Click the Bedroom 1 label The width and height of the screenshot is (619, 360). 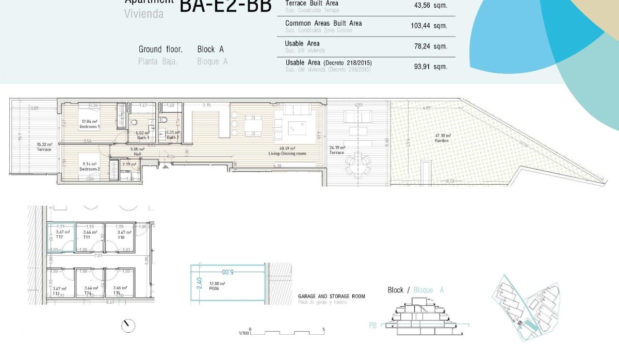tap(90, 126)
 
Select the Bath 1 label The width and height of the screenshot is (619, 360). tap(143, 138)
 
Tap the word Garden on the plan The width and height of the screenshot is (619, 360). tap(442, 140)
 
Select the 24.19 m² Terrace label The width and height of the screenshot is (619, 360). tap(336, 153)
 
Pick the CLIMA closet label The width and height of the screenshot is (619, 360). tap(125, 171)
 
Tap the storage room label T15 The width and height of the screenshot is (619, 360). tap(117, 293)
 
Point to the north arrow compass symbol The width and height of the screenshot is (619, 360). tap(128, 325)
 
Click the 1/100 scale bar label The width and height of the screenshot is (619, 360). tap(245, 333)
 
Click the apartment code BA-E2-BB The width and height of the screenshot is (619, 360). tap(225, 6)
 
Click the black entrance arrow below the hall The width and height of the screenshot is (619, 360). tap(165, 167)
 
